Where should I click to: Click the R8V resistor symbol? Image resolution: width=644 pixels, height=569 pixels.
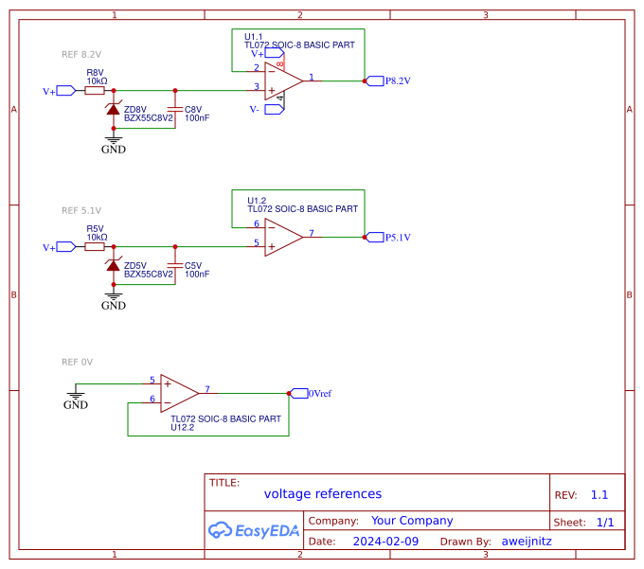coord(95,91)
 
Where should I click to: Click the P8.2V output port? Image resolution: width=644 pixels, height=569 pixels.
coord(374,81)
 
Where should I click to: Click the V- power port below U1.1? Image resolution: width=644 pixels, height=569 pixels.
coord(274,109)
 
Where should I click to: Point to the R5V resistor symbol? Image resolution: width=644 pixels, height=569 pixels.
coord(95,246)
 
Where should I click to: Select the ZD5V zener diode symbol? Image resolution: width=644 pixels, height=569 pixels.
coord(114,265)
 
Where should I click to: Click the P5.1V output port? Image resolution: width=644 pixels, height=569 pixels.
coord(374,237)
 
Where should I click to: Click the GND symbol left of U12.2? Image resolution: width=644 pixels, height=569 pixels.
coord(76,396)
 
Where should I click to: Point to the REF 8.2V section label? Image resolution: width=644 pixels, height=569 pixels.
coord(80,55)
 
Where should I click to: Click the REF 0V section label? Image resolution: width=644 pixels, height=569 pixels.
coord(77,362)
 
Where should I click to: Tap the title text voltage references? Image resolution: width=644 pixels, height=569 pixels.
coord(322,494)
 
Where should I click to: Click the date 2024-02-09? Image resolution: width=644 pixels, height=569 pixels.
coord(385,542)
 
